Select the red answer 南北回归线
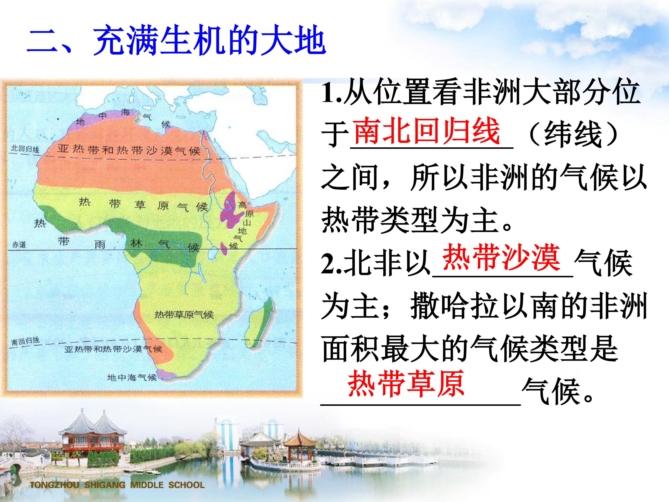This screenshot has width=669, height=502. click(x=427, y=131)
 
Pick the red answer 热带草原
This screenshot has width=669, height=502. click(x=406, y=384)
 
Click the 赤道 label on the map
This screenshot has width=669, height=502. click(x=19, y=244)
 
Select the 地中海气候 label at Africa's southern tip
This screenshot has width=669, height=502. click(x=132, y=377)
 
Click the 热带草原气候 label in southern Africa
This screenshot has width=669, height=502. click(x=184, y=315)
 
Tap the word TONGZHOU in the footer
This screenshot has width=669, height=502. click(x=54, y=485)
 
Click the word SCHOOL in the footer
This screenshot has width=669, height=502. click(x=186, y=485)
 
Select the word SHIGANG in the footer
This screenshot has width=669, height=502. click(x=105, y=485)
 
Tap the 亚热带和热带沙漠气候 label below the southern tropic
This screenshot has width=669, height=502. click(x=113, y=349)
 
